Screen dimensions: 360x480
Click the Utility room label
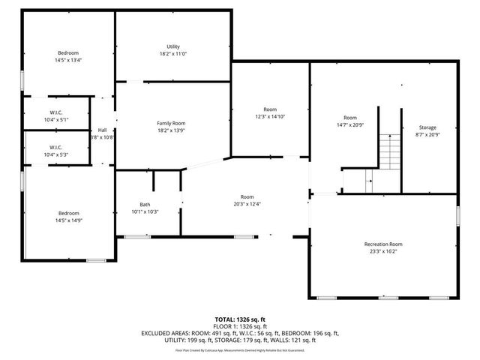pos(172,46)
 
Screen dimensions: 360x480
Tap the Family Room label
pos(171,123)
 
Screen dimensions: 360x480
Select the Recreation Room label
pos(383,244)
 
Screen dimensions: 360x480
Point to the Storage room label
pos(427,127)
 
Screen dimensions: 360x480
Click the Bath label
pos(145,205)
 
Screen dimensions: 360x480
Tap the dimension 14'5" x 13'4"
pos(68,61)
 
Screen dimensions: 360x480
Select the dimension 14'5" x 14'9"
pos(68,220)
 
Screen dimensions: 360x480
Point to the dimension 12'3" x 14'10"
pos(270,116)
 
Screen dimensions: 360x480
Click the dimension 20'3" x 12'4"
pos(247,204)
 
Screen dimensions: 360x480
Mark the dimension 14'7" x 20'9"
pos(350,124)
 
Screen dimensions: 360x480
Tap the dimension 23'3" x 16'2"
pos(383,252)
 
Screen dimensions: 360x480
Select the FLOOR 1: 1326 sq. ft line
pos(240,327)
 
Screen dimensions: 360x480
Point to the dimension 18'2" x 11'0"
pos(172,54)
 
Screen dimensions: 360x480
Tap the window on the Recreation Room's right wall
pos(457,215)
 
